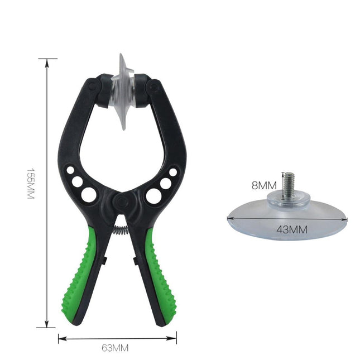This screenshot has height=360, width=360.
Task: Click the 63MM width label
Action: (x=116, y=347)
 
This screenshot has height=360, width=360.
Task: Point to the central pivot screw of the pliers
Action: (x=121, y=201)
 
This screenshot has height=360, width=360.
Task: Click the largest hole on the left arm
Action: (x=89, y=194)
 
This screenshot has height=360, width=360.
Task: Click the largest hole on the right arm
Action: (x=153, y=195)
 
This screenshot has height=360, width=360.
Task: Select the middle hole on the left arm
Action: (x=77, y=181)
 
